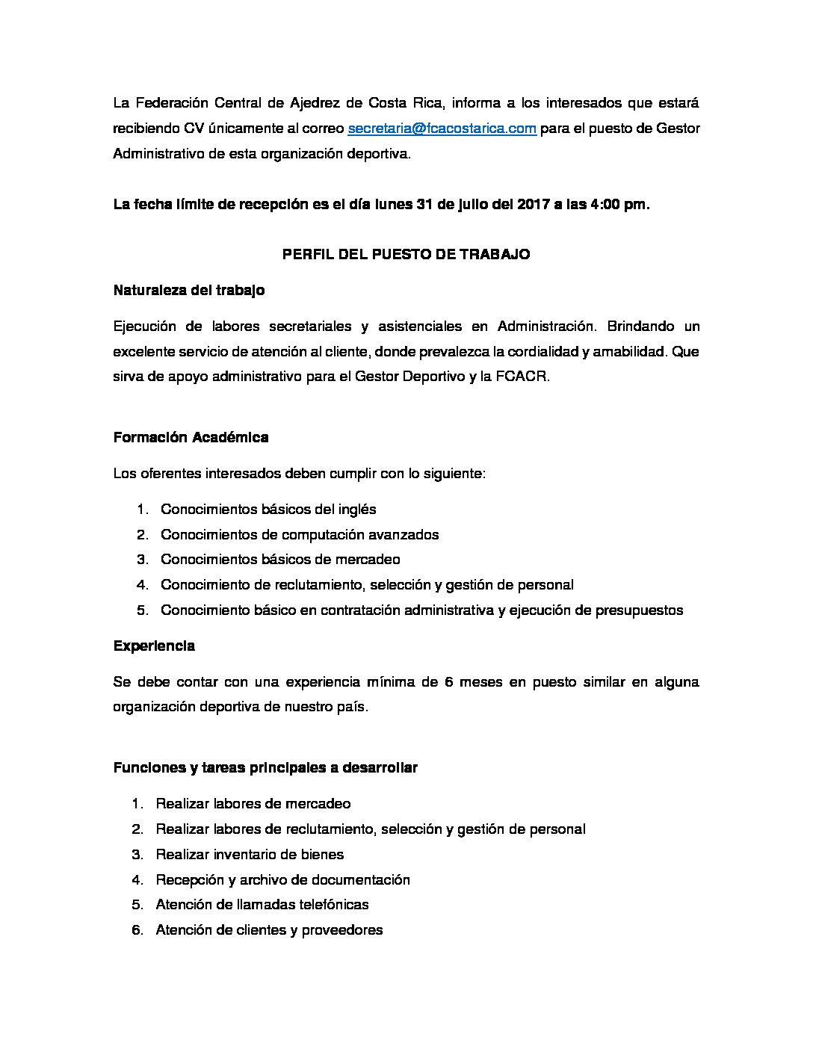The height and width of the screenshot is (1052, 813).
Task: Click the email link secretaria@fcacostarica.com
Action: (442, 129)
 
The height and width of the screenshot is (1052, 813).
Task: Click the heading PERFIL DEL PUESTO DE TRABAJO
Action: (406, 254)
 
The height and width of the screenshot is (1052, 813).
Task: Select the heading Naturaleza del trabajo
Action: (188, 291)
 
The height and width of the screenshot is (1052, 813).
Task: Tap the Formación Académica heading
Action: (191, 437)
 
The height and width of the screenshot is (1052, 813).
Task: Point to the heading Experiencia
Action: (154, 646)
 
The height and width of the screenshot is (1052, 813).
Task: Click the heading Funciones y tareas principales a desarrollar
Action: (265, 767)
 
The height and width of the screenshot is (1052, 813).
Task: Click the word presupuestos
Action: (639, 610)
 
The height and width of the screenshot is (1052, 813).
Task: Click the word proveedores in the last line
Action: (340, 930)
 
